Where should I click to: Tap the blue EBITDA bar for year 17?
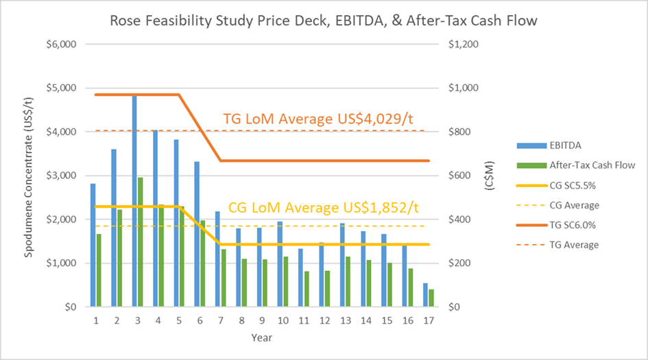click(425, 295)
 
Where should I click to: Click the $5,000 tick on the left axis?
click(62, 88)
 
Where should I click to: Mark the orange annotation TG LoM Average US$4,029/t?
click(318, 119)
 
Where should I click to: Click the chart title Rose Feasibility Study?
click(324, 21)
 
